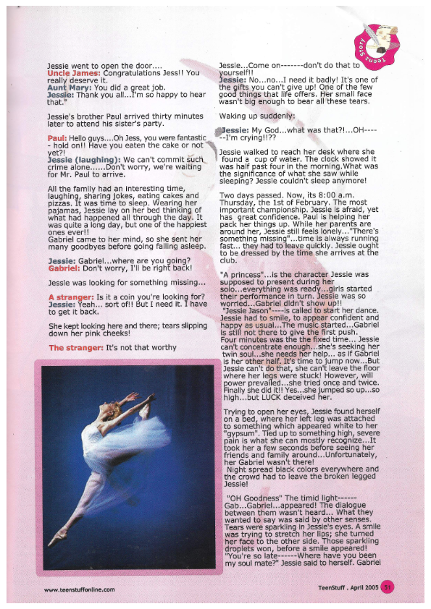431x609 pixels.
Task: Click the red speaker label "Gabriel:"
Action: click(65, 267)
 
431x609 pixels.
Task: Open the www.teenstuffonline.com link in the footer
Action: click(80, 589)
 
